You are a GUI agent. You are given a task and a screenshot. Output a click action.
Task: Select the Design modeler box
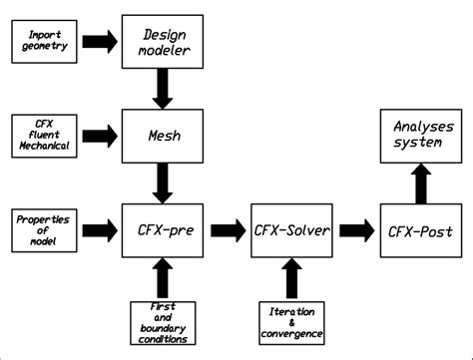point(155,42)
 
